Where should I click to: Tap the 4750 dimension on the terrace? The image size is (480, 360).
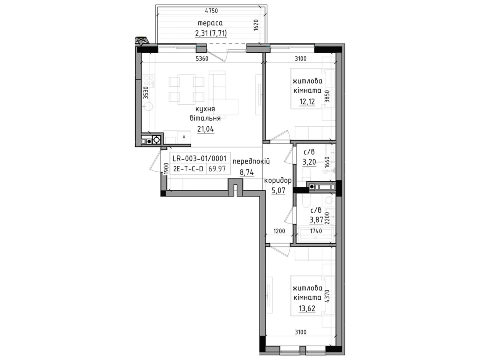pos(211,11)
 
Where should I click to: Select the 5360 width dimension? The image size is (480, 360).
pos(202,58)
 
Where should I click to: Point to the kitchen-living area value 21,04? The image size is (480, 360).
pos(205,129)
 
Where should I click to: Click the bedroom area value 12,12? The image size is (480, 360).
pos(307,101)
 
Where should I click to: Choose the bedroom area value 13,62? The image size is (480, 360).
pos(307,308)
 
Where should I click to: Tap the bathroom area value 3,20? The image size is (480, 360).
pos(309,162)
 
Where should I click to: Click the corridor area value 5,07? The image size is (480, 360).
pos(278,190)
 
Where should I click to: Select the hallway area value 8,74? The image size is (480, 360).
pos(247,172)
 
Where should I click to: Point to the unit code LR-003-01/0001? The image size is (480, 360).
pos(199,158)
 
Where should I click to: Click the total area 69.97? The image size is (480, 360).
pos(217,169)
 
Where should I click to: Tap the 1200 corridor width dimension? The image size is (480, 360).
pos(279,231)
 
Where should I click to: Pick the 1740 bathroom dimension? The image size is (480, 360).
pos(316,231)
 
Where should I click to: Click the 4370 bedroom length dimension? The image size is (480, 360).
pos(327,296)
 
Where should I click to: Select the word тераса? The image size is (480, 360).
pos(210,23)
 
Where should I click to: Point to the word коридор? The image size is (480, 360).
pos(278,180)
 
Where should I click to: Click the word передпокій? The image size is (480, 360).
pos(251,162)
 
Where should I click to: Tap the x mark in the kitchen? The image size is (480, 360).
pos(184,137)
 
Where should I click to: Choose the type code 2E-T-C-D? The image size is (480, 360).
pos(188,169)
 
